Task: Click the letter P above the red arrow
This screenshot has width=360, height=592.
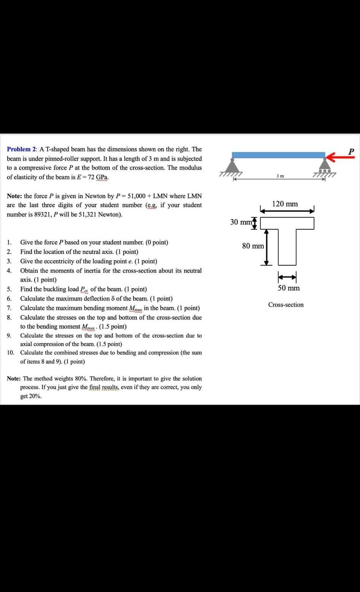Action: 351,151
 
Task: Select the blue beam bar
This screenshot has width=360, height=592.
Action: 278,155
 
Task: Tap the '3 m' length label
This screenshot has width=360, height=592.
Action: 280,175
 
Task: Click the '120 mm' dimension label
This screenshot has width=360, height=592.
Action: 285,204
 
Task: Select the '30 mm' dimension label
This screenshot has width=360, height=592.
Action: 240,222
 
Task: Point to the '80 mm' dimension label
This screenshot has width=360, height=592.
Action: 253,246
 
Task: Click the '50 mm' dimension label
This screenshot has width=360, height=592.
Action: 289,288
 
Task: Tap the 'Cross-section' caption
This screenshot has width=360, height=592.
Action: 286,305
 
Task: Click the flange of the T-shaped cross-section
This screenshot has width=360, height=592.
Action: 287,223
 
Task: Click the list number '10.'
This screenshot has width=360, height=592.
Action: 11,353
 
